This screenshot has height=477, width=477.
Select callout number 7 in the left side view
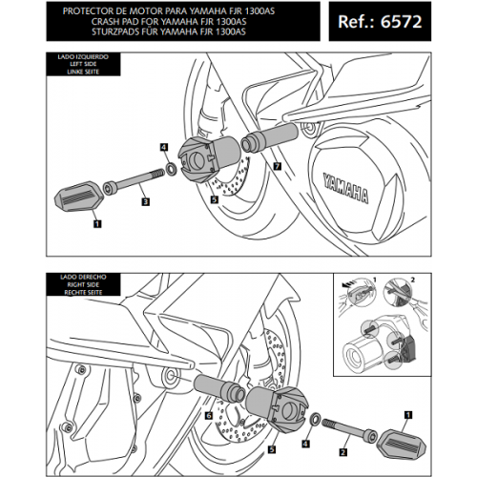coord(277,165)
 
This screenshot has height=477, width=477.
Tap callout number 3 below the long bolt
coord(144,202)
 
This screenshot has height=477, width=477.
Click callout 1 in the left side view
coord(95,225)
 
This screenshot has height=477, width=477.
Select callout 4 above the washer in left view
coord(164,148)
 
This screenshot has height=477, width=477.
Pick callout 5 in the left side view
coord(214,201)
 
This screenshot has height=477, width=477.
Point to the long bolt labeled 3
coord(135,178)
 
